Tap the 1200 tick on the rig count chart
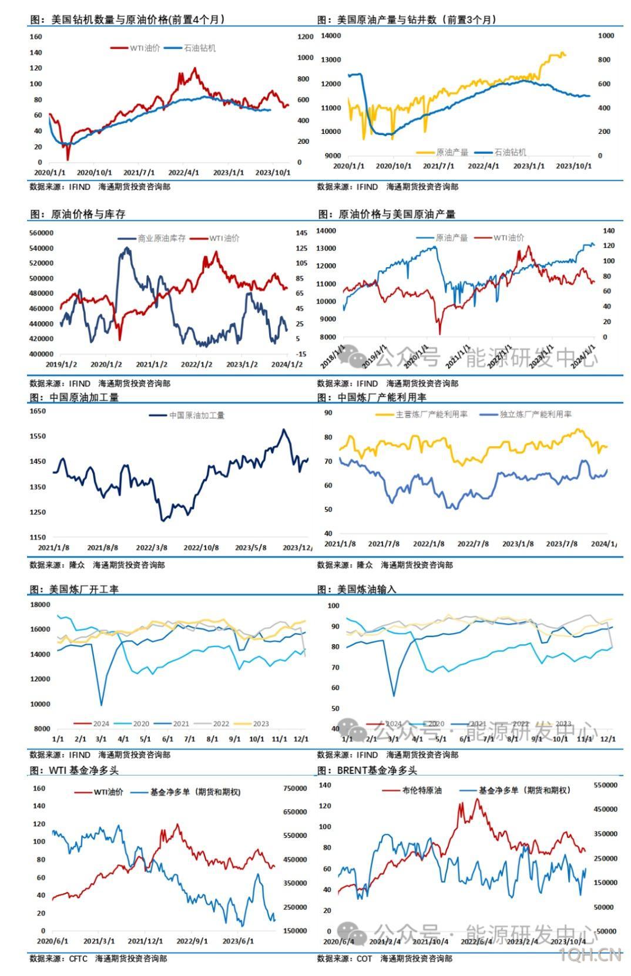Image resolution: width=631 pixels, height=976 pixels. [306, 37]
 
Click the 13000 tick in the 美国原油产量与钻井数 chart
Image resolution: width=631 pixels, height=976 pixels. [331, 60]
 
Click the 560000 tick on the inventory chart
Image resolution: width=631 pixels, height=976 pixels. [41, 233]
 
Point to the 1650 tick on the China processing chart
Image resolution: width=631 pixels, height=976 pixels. [38, 411]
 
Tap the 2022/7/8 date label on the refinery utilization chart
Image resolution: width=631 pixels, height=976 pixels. [473, 544]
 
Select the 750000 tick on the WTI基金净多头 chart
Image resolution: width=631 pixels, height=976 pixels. [295, 789]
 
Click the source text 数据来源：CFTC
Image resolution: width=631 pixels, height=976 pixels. [58, 958]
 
